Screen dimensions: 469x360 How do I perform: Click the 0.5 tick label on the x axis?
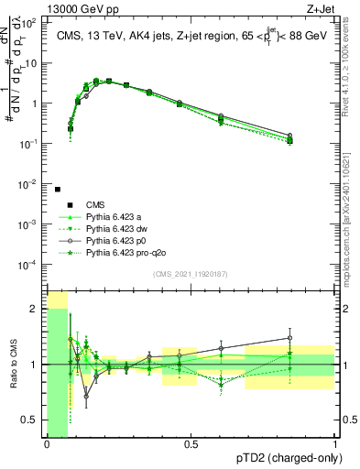click(191, 444)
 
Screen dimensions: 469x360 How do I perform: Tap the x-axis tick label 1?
click(335, 444)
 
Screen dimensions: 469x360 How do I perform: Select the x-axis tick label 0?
click(46, 444)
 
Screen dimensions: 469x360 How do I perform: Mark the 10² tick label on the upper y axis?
click(30, 23)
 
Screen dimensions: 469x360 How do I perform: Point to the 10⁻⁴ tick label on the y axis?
click(30, 265)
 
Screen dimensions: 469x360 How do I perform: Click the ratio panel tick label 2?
click(36, 309)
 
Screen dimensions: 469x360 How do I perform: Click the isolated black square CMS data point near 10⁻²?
click(58, 190)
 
